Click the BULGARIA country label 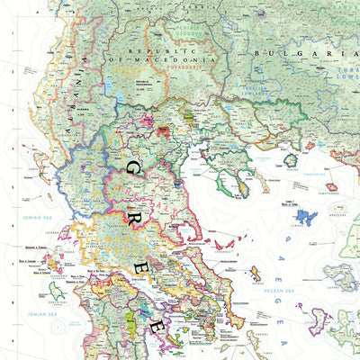pos(296,54)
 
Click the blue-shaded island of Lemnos pos(306,217)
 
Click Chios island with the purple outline pos(319,319)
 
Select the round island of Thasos pos(291,160)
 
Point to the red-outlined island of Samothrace pos(331,187)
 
